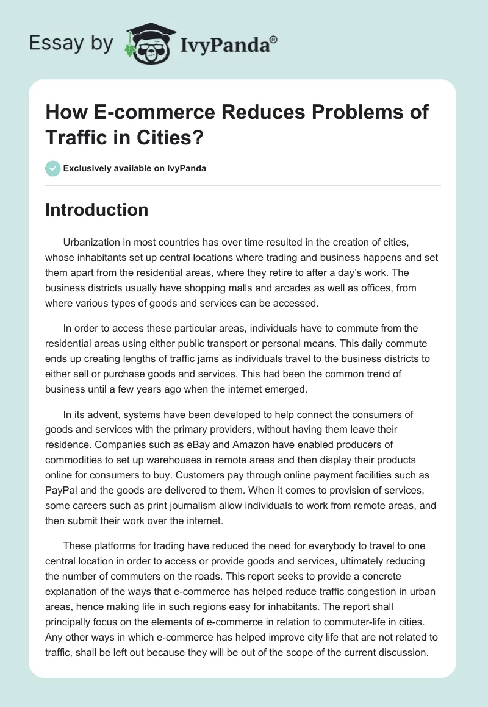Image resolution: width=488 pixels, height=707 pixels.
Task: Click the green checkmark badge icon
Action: pos(53,168)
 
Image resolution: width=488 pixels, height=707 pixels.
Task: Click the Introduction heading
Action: pos(97,210)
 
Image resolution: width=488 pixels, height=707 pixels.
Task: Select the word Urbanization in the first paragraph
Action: pos(93,243)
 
